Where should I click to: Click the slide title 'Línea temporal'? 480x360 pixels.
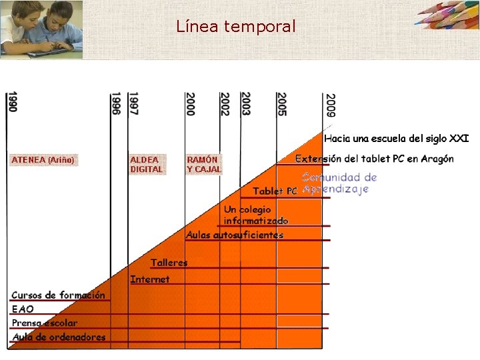[236, 27]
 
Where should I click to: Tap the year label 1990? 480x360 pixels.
[13, 102]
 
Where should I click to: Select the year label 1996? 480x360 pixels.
[116, 103]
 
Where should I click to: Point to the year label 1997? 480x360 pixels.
[133, 103]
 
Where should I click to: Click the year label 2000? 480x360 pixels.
[191, 104]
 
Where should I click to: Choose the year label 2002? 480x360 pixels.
[225, 104]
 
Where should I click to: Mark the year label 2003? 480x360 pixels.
[245, 104]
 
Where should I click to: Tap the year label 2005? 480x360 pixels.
[282, 104]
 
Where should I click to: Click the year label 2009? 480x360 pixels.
[330, 105]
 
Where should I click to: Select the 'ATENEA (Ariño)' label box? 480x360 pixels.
[43, 160]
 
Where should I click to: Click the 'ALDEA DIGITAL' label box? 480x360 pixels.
[146, 165]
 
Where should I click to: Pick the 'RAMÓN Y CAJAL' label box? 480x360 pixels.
[203, 165]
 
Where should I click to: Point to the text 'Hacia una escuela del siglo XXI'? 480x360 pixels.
[396, 139]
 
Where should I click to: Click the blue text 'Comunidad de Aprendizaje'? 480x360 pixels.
[339, 183]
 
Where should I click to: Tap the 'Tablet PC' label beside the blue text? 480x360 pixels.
[275, 191]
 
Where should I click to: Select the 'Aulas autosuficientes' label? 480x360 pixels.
[235, 235]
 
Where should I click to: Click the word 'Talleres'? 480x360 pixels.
[169, 263]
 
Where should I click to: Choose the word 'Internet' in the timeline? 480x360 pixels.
[150, 279]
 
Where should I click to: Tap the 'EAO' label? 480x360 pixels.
[23, 309]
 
